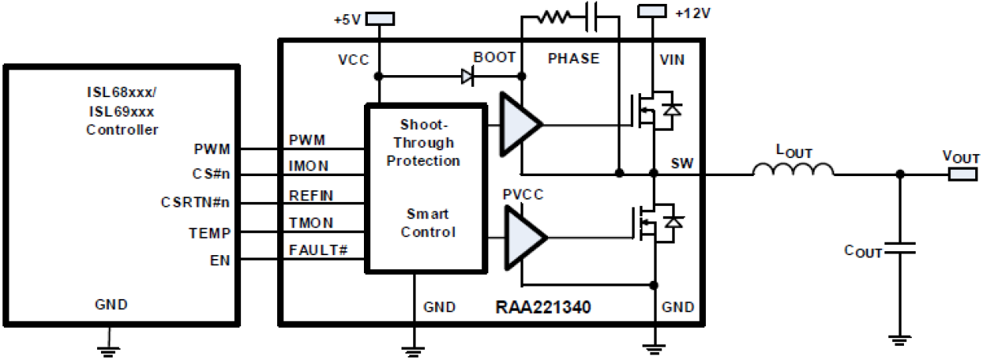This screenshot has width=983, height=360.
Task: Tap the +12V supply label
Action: (692, 13)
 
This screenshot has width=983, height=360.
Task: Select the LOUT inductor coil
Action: (793, 168)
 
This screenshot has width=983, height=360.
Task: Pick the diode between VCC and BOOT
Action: (468, 76)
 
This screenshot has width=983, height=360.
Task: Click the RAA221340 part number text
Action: (542, 307)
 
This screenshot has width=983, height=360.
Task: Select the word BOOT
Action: (495, 58)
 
